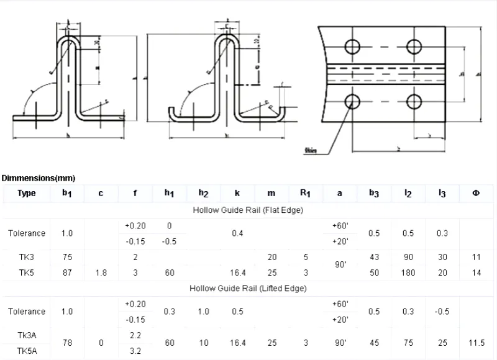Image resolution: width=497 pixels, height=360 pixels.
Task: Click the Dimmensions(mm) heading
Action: (x=34, y=178)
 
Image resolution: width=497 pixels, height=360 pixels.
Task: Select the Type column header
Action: (x=27, y=193)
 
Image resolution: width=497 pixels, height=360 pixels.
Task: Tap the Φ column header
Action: (x=476, y=193)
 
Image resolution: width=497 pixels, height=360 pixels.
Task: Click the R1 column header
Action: (x=305, y=193)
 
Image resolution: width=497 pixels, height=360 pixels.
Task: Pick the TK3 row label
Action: (x=27, y=256)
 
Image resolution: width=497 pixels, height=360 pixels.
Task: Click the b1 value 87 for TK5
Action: (x=67, y=272)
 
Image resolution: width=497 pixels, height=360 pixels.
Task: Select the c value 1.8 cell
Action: (x=101, y=272)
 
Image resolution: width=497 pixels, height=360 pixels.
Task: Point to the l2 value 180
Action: (x=408, y=272)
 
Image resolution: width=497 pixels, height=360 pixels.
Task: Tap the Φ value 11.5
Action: (x=476, y=341)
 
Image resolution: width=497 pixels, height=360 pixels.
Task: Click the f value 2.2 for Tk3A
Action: (x=135, y=334)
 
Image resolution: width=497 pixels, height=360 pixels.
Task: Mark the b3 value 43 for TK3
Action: (x=374, y=256)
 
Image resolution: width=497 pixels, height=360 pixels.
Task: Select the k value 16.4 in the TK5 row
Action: (x=237, y=272)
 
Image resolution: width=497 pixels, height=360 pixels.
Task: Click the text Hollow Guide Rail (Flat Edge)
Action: (x=247, y=210)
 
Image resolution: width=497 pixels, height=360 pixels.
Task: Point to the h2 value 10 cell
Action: (x=203, y=341)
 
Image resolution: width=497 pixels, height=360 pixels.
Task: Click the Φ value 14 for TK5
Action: (x=476, y=272)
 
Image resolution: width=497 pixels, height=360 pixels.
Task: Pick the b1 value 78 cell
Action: (x=67, y=341)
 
